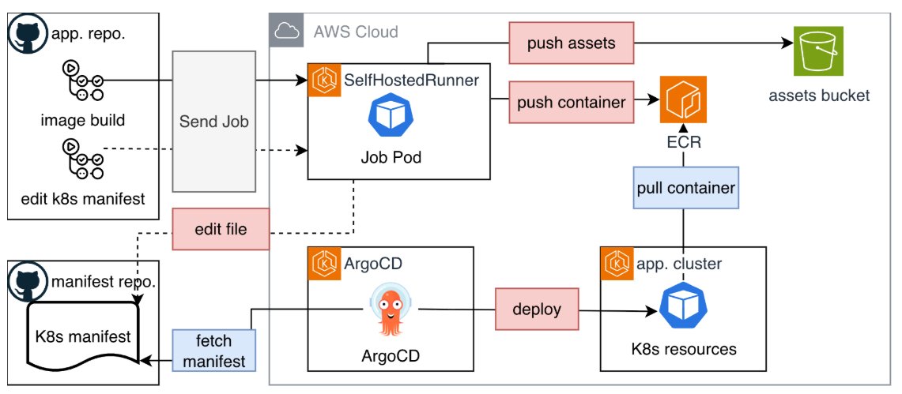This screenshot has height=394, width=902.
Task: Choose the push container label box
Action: click(571, 102)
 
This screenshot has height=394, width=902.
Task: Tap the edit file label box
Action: click(221, 230)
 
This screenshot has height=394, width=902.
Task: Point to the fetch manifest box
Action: click(213, 351)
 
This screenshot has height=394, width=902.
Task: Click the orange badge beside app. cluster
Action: click(616, 263)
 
